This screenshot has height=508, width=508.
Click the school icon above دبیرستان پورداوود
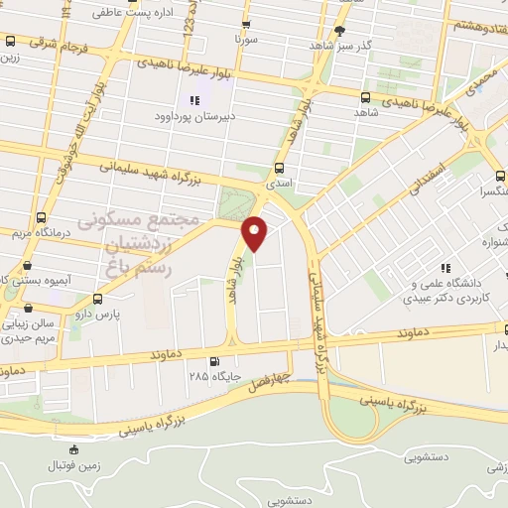tap(194, 100)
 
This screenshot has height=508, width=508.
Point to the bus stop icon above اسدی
tap(279, 168)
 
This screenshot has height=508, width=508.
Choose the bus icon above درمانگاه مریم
tap(41, 217)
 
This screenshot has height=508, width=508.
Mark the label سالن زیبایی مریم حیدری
tap(36, 330)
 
